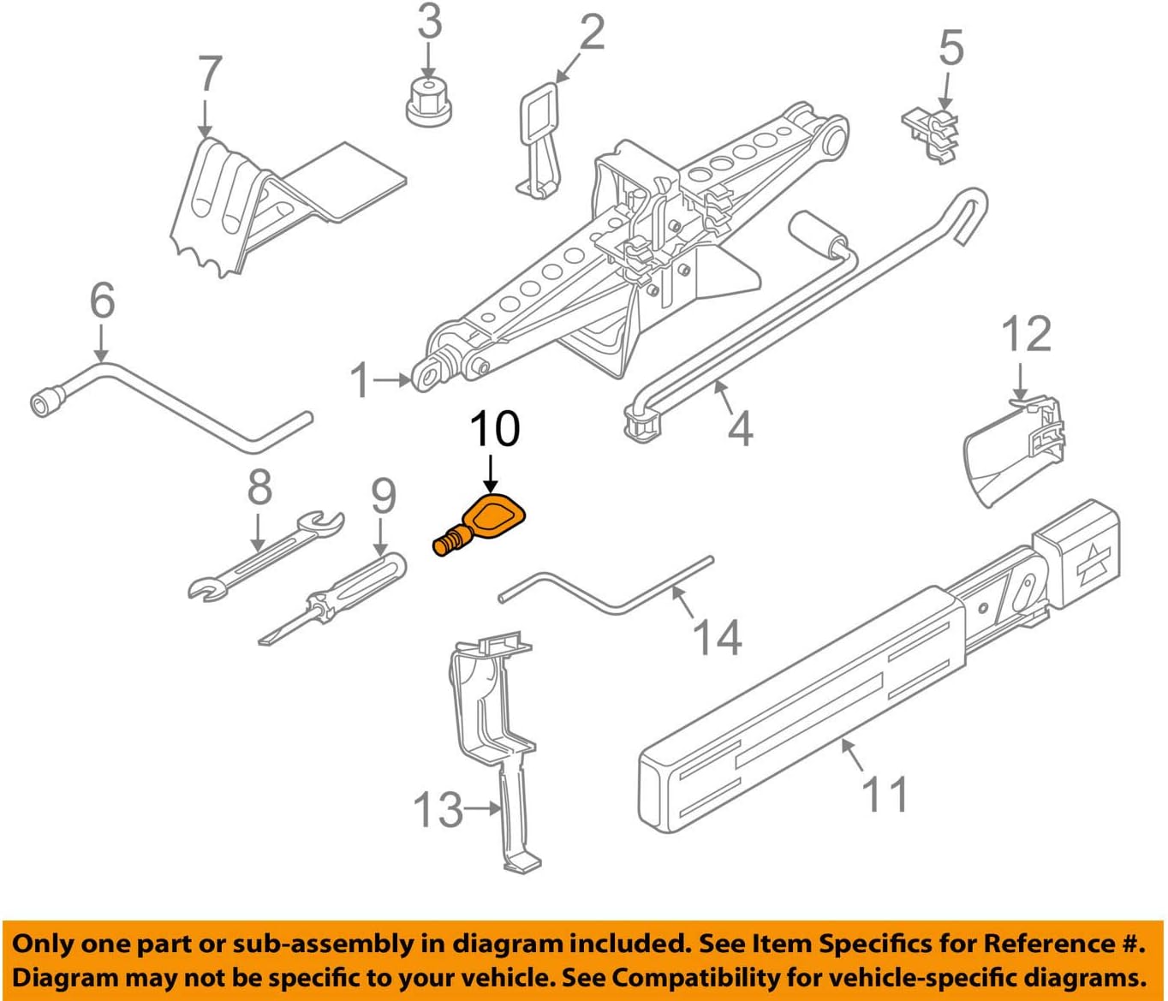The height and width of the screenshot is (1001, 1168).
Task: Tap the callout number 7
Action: [x=209, y=75]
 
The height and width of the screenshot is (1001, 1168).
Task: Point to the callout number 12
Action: [x=1025, y=334]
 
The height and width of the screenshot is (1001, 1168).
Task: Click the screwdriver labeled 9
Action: [x=334, y=599]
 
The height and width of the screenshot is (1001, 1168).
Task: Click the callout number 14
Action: [x=716, y=638]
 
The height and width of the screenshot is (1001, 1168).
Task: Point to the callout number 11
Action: [x=885, y=795]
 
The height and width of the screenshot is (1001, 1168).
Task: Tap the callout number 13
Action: [x=438, y=809]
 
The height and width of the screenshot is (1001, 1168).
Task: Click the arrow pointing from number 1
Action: [x=396, y=378]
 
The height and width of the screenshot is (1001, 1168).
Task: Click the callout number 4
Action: [x=739, y=427]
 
